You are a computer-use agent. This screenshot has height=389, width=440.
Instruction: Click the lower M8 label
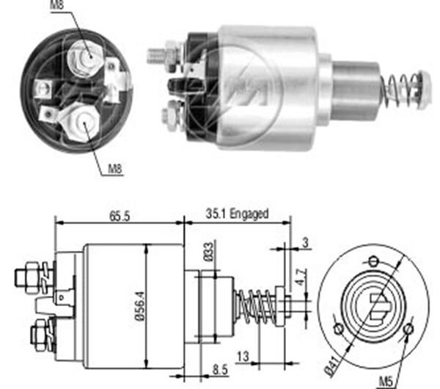point(116,169)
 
